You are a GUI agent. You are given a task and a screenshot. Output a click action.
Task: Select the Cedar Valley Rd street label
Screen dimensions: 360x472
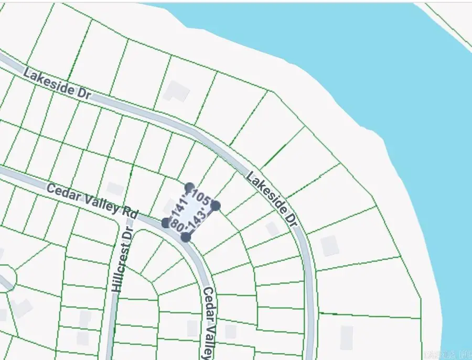pyautogui.click(x=92, y=201)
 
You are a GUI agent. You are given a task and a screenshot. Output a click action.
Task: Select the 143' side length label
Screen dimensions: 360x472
pyautogui.click(x=198, y=222)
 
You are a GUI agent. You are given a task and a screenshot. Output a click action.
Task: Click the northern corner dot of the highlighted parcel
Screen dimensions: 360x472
pyautogui.click(x=190, y=187)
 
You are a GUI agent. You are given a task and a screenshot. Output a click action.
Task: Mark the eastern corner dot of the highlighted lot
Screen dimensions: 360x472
pyautogui.click(x=216, y=205)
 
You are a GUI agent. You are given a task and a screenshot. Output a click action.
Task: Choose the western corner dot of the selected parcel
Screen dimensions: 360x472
pyautogui.click(x=166, y=223)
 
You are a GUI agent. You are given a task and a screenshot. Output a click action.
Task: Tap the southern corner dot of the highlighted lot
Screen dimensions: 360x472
pyautogui.click(x=186, y=237)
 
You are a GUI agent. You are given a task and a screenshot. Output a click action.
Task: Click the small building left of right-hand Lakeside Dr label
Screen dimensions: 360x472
pyautogui.click(x=272, y=229)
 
